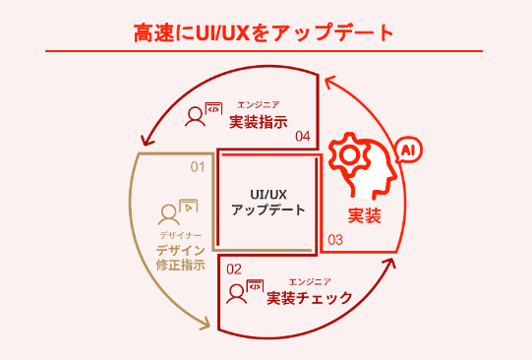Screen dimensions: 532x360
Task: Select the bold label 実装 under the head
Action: pos(364,215)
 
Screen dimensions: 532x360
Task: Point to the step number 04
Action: pos(303,136)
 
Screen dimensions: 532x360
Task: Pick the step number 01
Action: pos(198,166)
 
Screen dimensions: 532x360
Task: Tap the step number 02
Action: pos(234,268)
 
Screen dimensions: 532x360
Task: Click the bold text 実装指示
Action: pos(259,123)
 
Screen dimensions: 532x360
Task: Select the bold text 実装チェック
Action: pos(310,298)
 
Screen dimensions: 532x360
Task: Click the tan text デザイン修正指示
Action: pos(180,258)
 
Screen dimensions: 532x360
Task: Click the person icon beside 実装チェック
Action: pos(237,293)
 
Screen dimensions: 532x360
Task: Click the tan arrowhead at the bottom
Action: pos(207,323)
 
